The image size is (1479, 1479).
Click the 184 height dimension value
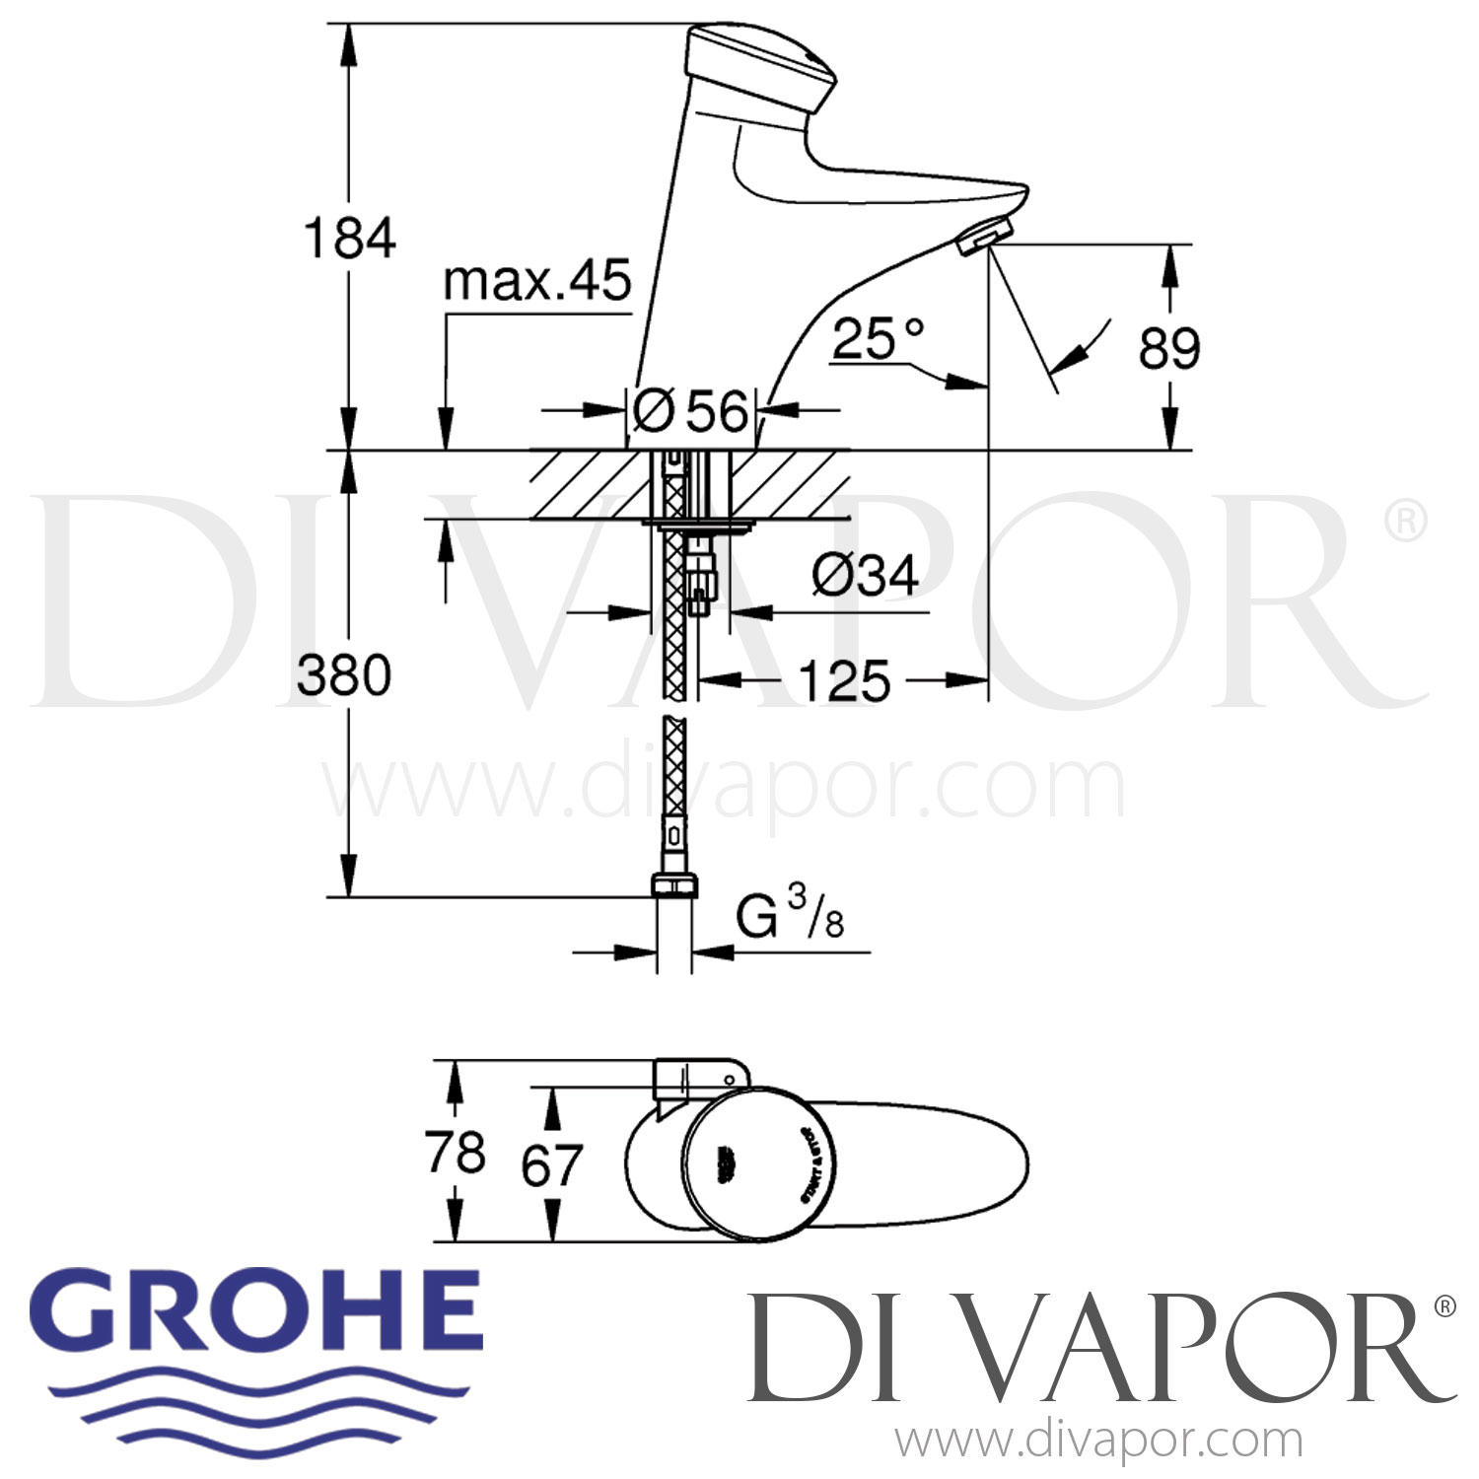coord(350,239)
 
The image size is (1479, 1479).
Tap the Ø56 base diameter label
coord(690,410)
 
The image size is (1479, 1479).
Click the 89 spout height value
coord(1169,348)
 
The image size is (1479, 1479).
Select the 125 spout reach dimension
coord(844,680)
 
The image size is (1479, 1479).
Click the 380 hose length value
coord(344,675)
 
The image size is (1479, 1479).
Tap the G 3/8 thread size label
coord(790,918)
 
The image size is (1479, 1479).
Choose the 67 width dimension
coord(551,1165)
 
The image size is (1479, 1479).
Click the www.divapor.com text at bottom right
coord(1098,1442)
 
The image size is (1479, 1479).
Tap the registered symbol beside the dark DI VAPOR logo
coord(1443,1306)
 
